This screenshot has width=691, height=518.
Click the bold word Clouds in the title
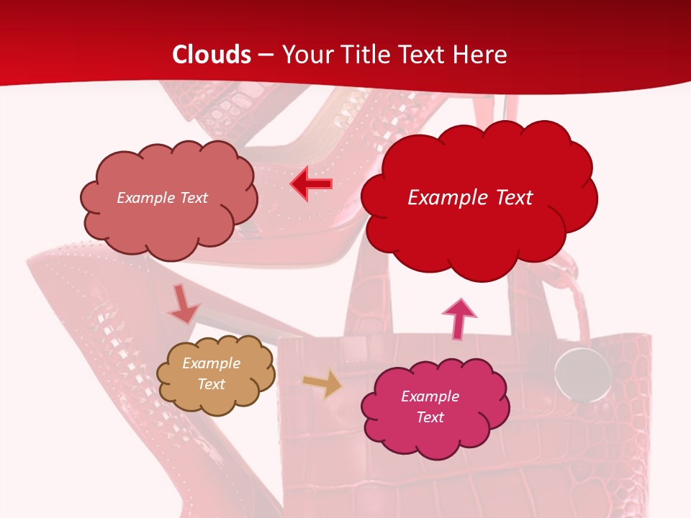pyautogui.click(x=212, y=55)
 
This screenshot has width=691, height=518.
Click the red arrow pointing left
pyautogui.click(x=311, y=184)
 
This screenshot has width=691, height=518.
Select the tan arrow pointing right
pyautogui.click(x=323, y=383)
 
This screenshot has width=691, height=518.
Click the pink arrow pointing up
pyautogui.click(x=459, y=319)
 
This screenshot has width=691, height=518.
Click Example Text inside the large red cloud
pyautogui.click(x=470, y=198)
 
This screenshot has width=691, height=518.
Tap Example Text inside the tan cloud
pyautogui.click(x=211, y=374)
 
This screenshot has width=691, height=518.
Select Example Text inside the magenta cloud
pyautogui.click(x=430, y=406)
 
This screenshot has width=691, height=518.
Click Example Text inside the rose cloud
pyautogui.click(x=162, y=198)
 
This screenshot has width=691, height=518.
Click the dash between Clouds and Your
pyautogui.click(x=266, y=55)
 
